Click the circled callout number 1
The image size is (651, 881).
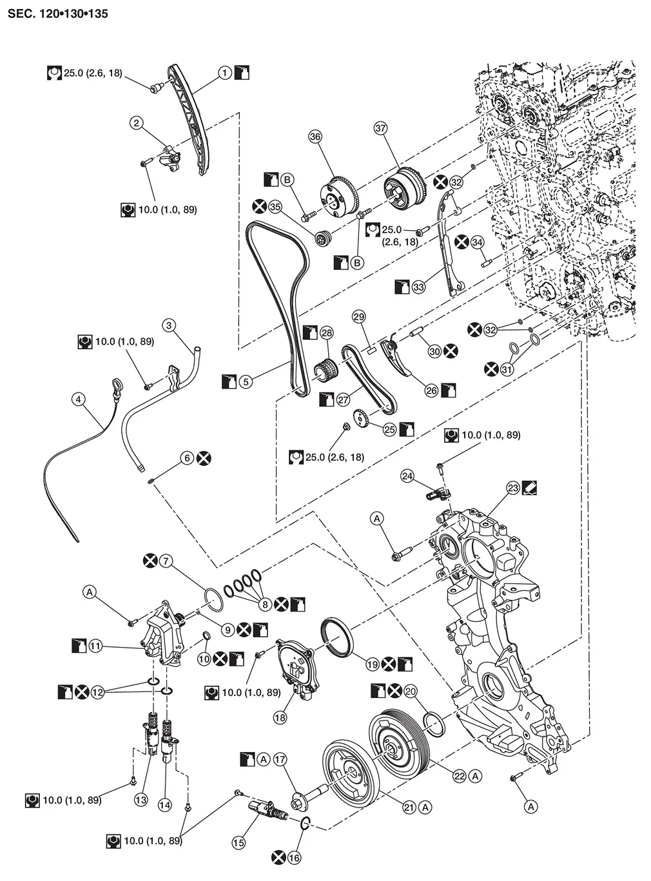click(224, 73)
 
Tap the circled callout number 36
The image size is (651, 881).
click(315, 137)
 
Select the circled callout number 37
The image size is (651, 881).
click(380, 129)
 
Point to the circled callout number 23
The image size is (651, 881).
click(512, 488)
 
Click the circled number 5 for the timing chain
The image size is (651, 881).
click(245, 382)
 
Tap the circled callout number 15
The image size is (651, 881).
click(238, 842)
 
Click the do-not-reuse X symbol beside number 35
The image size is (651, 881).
click(259, 207)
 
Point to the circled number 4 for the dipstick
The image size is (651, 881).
click(79, 400)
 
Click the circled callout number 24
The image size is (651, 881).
click(407, 476)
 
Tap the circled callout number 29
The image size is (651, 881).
click(359, 316)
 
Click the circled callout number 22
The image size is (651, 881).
click(459, 777)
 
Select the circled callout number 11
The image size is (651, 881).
click(95, 645)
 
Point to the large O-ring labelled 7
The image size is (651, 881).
click(214, 599)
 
